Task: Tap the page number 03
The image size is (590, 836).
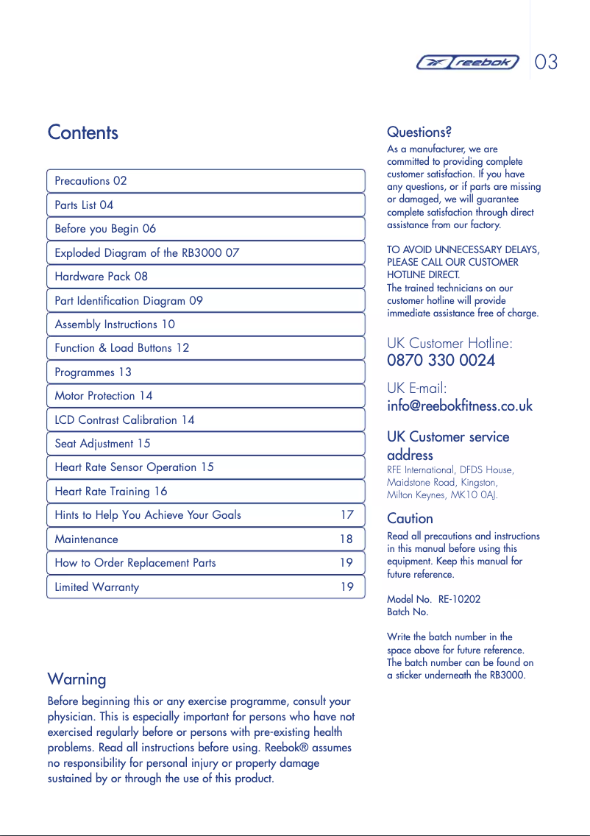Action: (547, 62)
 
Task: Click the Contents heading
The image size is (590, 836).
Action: (82, 132)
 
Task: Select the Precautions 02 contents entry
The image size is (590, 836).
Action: (90, 181)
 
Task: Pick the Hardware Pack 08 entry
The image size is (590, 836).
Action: (101, 277)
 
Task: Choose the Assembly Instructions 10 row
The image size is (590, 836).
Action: (115, 325)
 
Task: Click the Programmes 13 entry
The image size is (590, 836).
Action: (93, 372)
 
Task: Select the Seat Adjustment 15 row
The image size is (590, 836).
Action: (102, 444)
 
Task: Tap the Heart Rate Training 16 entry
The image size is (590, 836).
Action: (110, 492)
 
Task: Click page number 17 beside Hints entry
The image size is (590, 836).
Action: (346, 515)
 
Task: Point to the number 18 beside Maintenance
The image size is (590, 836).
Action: (346, 539)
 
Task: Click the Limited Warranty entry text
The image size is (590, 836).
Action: (96, 587)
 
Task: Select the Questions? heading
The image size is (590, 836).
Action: (419, 132)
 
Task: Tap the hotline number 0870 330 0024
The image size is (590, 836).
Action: (441, 361)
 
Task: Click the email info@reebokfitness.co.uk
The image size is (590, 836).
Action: (459, 405)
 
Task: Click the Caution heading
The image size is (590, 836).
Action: (410, 518)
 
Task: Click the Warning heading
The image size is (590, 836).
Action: (77, 679)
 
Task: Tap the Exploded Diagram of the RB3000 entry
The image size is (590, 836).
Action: (146, 253)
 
